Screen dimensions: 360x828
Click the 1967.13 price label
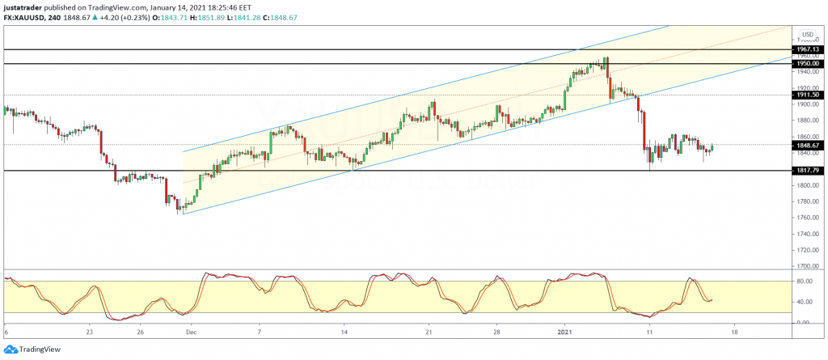(810, 49)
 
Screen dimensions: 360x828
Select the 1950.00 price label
(810, 63)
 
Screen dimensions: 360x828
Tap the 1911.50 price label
(810, 95)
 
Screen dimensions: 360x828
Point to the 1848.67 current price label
(810, 145)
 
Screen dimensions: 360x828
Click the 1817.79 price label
(810, 171)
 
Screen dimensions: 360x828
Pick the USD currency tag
(807, 34)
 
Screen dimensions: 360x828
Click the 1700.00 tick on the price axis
(809, 265)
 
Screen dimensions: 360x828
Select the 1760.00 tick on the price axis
(809, 217)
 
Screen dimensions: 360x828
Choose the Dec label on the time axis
(191, 332)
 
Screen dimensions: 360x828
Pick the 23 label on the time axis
(90, 332)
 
